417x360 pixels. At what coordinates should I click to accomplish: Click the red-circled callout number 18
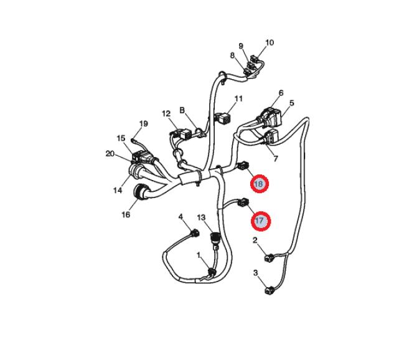point(260,184)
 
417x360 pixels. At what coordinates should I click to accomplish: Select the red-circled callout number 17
point(261,221)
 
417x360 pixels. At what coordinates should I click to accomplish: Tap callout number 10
point(269,42)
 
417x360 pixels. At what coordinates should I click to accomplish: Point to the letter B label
point(182,110)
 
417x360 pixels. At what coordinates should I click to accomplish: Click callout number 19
point(144,124)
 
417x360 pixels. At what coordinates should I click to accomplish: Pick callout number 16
point(126,214)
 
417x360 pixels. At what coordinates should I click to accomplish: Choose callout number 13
point(201,218)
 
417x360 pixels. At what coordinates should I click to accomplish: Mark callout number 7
point(276,159)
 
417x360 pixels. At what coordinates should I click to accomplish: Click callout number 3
point(256,273)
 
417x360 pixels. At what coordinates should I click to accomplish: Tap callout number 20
point(110,154)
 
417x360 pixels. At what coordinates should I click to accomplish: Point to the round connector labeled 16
point(140,192)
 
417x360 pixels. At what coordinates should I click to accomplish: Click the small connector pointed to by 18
point(243,166)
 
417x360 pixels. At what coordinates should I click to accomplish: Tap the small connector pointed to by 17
point(243,202)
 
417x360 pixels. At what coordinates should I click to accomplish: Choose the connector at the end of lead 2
point(269,258)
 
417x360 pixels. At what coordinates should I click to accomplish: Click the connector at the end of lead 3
point(269,290)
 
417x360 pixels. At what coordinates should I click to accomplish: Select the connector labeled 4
point(195,233)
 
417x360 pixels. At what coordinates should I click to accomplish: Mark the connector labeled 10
point(255,59)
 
